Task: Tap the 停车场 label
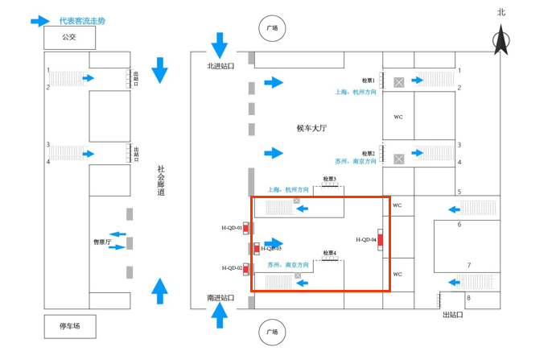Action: point(69,326)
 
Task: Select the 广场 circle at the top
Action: point(272,28)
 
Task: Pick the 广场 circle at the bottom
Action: point(272,331)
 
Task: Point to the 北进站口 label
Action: point(220,67)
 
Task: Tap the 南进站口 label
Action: point(220,298)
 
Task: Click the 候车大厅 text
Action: point(311,128)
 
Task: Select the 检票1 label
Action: point(369,81)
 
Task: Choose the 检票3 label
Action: point(329,179)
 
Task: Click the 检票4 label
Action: point(329,253)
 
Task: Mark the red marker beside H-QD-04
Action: point(380,239)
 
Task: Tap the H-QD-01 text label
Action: point(232,228)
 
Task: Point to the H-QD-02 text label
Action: point(232,268)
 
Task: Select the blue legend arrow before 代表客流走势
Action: point(40,21)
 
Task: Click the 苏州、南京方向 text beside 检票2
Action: point(356,162)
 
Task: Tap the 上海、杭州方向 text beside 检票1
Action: point(356,93)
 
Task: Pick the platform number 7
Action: point(469,265)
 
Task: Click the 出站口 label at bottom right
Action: point(453,315)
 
